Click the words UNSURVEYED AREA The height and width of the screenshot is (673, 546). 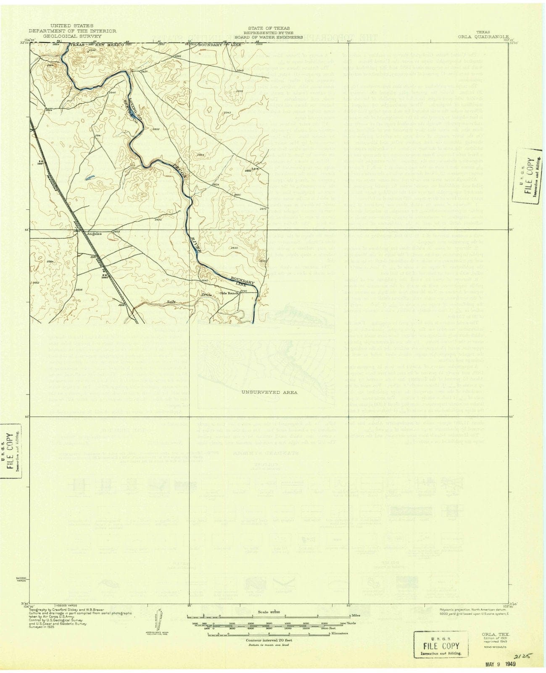click(x=269, y=392)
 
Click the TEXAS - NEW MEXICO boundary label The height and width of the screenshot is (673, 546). click(x=96, y=44)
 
